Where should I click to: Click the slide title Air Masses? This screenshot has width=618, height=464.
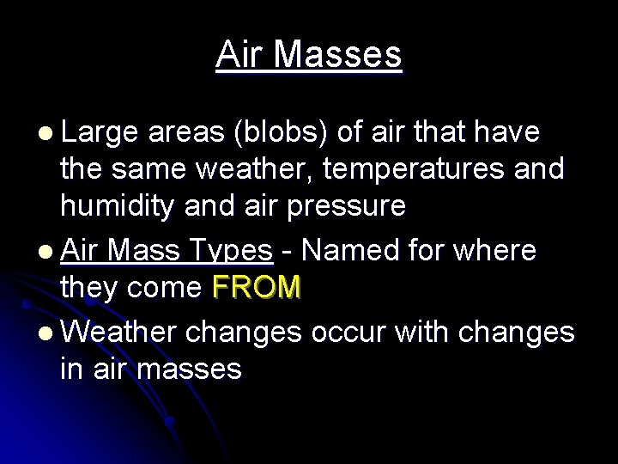309,55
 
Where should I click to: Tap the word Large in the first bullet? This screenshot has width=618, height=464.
100,132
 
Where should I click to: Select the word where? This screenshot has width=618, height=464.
496,251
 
